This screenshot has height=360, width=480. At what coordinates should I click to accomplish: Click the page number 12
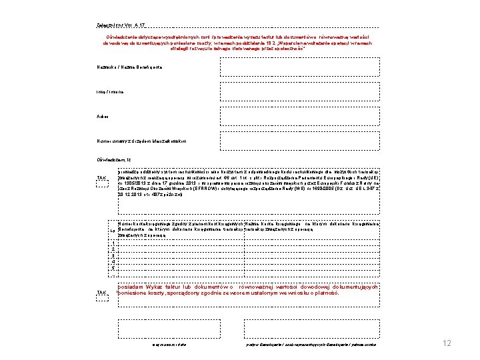tap(447, 343)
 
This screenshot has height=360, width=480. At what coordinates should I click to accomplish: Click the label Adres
tap(102, 115)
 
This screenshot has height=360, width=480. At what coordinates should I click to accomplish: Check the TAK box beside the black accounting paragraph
tap(102, 178)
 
